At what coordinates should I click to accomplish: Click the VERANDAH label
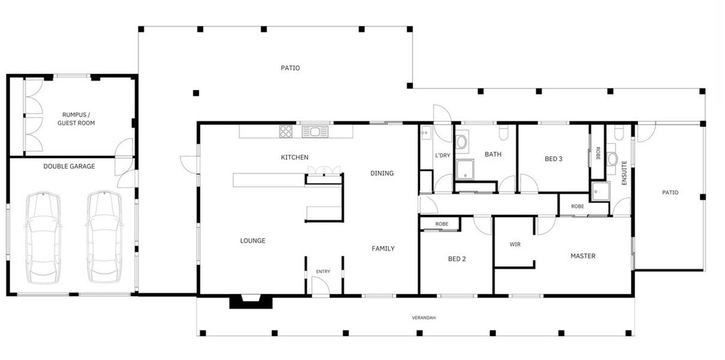(x=424, y=318)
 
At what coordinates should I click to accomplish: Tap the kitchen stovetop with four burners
(x=286, y=132)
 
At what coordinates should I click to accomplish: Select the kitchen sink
(x=315, y=132)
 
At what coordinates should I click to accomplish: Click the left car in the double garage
(x=43, y=238)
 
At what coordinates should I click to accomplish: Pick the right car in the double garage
(x=105, y=237)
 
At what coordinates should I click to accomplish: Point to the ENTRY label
(x=323, y=272)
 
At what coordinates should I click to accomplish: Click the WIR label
(x=515, y=244)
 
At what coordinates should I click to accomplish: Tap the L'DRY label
(x=442, y=155)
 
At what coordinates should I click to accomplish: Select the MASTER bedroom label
(x=583, y=256)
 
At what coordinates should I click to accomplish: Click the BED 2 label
(x=457, y=259)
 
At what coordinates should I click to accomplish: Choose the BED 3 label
(x=554, y=159)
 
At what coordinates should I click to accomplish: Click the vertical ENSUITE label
(x=625, y=173)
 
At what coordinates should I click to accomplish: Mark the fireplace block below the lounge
(x=251, y=302)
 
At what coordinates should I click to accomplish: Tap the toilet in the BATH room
(x=504, y=132)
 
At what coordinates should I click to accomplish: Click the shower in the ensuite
(x=600, y=191)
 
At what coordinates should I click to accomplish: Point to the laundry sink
(x=426, y=132)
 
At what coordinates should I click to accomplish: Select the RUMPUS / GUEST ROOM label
(x=76, y=119)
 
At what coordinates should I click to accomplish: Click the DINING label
(x=382, y=173)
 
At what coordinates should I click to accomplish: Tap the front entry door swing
(x=321, y=286)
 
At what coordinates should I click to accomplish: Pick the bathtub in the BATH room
(x=462, y=142)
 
